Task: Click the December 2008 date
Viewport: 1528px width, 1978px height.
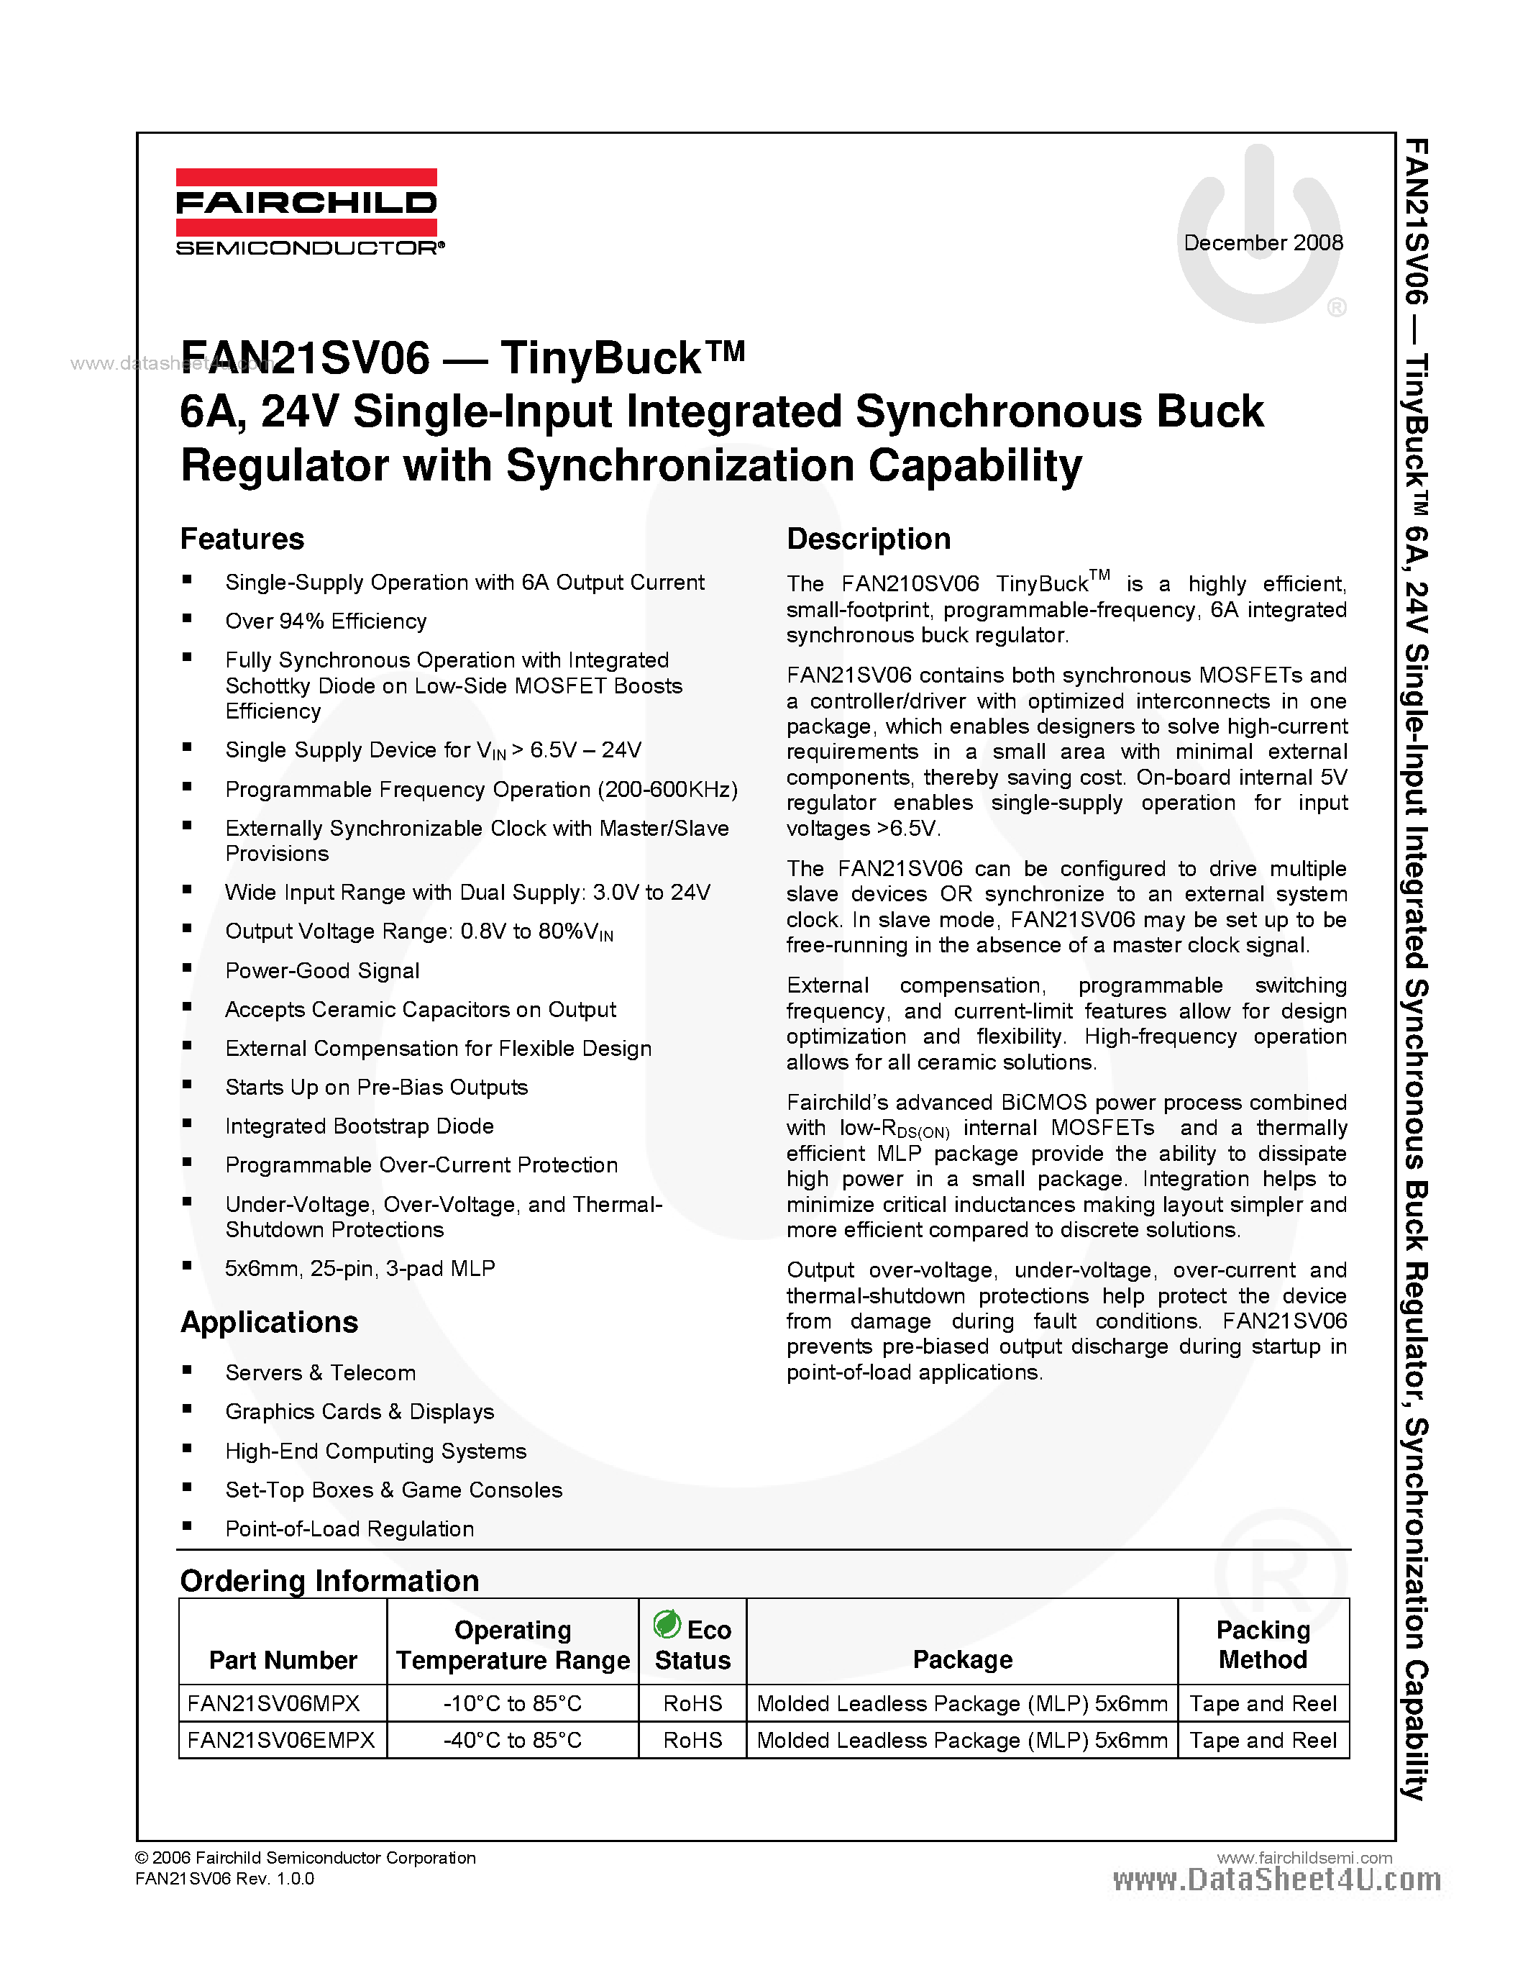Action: (x=1263, y=242)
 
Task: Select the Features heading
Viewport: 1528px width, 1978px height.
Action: (x=242, y=539)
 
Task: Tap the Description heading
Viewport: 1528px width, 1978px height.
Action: (x=868, y=539)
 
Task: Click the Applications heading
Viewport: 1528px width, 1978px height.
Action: (x=269, y=1322)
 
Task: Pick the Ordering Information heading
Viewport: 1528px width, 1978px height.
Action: (x=329, y=1580)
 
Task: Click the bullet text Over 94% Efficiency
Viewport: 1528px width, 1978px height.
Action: (x=326, y=621)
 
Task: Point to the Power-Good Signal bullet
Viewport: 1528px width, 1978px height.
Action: (x=322, y=971)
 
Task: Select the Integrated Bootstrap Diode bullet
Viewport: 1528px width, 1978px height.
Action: (x=360, y=1126)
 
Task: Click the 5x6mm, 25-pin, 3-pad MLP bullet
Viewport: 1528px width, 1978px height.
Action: (x=360, y=1269)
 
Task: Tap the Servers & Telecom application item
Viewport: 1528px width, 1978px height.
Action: (x=321, y=1373)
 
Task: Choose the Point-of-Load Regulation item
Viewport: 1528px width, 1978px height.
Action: (x=349, y=1530)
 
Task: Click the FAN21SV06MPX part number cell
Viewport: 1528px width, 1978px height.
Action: (x=273, y=1703)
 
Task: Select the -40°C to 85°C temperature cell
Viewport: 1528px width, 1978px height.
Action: (x=513, y=1741)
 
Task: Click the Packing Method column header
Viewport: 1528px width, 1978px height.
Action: (x=1263, y=1645)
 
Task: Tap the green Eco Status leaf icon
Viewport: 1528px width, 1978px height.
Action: (x=667, y=1625)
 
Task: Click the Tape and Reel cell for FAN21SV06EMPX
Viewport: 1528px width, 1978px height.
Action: (x=1263, y=1741)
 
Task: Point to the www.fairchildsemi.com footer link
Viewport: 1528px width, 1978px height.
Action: (x=1304, y=1858)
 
